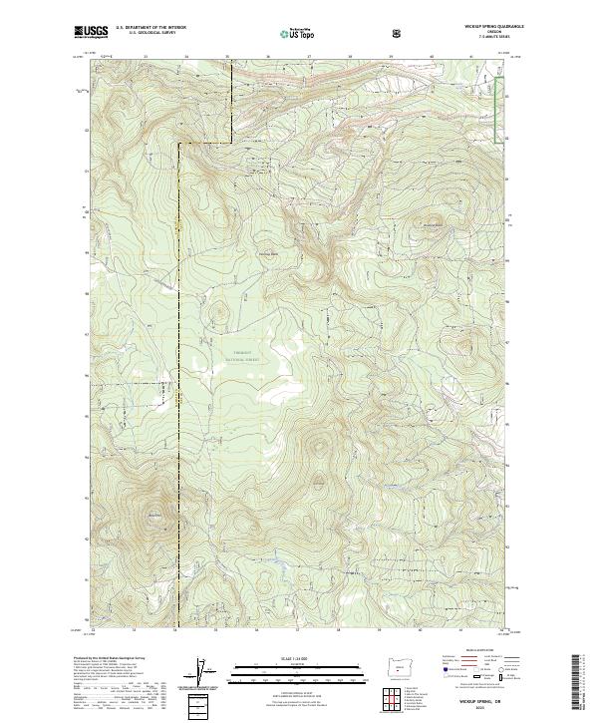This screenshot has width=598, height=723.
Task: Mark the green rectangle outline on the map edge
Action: coord(500,105)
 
